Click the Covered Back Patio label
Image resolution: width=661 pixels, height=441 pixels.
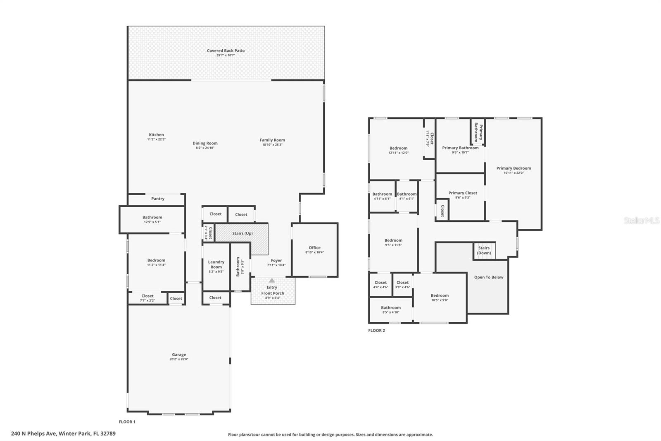226,51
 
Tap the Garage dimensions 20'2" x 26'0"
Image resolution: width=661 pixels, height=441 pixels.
178,360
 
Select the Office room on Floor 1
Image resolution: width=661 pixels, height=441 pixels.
314,250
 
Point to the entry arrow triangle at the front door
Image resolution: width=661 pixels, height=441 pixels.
272,280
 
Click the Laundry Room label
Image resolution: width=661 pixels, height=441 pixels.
216,264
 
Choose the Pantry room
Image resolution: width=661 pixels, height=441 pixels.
157,199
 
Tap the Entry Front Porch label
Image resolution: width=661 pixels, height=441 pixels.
272,290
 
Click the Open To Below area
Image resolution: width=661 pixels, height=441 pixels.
489,278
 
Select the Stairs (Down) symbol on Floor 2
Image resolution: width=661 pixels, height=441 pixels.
484,251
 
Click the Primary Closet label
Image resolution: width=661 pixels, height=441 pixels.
463,193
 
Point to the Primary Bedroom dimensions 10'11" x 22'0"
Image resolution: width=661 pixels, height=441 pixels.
514,173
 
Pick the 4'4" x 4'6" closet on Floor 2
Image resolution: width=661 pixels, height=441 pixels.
380,285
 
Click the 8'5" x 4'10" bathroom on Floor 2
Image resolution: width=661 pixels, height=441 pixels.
390,310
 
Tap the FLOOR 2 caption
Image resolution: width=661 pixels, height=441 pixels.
376,331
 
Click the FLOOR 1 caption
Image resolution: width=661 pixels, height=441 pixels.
127,422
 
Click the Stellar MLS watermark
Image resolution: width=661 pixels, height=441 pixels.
641,221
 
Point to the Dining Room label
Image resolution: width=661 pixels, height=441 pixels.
205,144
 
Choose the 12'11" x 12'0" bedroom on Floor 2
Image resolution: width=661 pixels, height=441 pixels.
398,150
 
